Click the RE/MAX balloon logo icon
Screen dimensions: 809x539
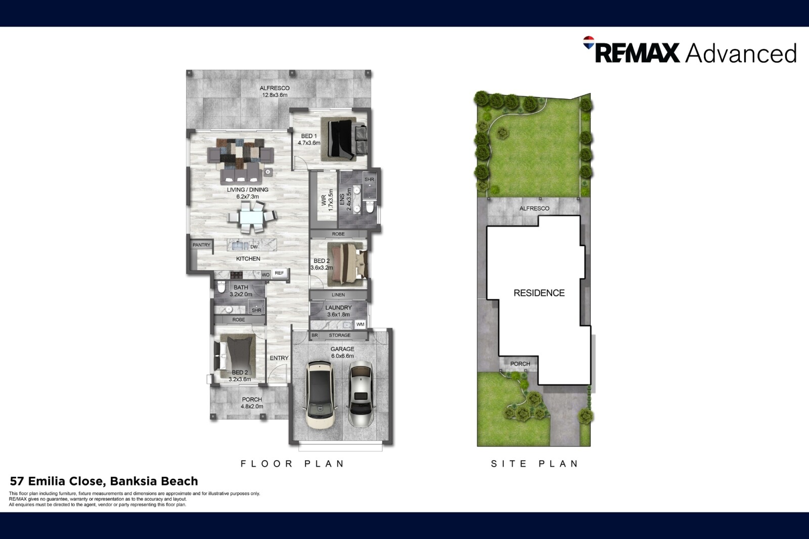pos(589,42)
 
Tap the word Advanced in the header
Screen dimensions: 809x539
pos(741,54)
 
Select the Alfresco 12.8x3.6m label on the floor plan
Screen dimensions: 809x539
pos(275,92)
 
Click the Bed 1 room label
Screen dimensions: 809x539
pos(309,140)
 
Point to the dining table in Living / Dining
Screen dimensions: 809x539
pos(252,217)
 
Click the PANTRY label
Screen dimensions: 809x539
pos(201,245)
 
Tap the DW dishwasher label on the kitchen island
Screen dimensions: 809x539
pos(254,247)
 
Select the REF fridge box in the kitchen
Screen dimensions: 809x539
pos(280,273)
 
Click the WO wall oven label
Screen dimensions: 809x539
pos(265,275)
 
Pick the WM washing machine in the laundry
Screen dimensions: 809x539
pos(360,325)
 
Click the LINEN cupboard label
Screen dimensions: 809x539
pos(338,295)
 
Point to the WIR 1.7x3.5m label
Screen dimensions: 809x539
pos(327,200)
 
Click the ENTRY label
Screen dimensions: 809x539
pos(279,358)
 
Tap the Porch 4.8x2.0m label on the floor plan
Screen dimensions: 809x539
pos(252,403)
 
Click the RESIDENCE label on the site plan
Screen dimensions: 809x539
pos(539,293)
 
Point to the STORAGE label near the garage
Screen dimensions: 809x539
pos(339,335)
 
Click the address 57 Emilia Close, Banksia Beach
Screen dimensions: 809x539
pos(104,481)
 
